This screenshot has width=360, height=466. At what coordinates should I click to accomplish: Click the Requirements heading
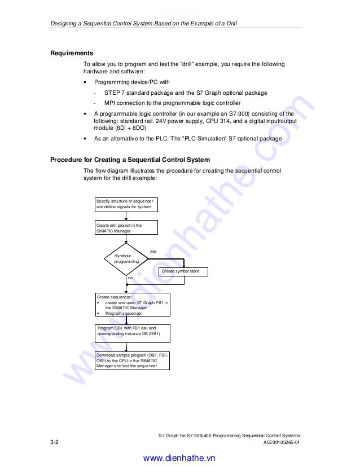pos(72,53)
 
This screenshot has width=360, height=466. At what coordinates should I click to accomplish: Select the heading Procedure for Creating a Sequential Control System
pos(130,160)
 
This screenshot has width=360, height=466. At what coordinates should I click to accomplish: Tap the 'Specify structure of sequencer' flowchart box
pos(126,204)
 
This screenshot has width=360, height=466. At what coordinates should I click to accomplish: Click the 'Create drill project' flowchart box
pos(126,227)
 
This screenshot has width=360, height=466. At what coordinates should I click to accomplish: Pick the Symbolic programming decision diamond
pos(126,259)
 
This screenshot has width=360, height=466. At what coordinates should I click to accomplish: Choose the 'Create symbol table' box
pos(183,271)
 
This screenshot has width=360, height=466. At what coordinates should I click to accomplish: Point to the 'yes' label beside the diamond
pos(153,251)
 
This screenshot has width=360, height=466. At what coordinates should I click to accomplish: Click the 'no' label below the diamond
pos(130,278)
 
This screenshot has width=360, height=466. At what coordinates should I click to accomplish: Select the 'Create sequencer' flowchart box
pos(133,305)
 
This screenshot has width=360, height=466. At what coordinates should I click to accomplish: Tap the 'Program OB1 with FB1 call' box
pos(133,331)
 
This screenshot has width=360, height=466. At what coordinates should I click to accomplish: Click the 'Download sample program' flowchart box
pos(133,361)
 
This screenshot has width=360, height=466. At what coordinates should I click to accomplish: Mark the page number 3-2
pos(55,443)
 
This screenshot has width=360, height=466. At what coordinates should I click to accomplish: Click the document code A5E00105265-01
pos(282,443)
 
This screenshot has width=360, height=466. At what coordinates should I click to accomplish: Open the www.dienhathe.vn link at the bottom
pos(179,458)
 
